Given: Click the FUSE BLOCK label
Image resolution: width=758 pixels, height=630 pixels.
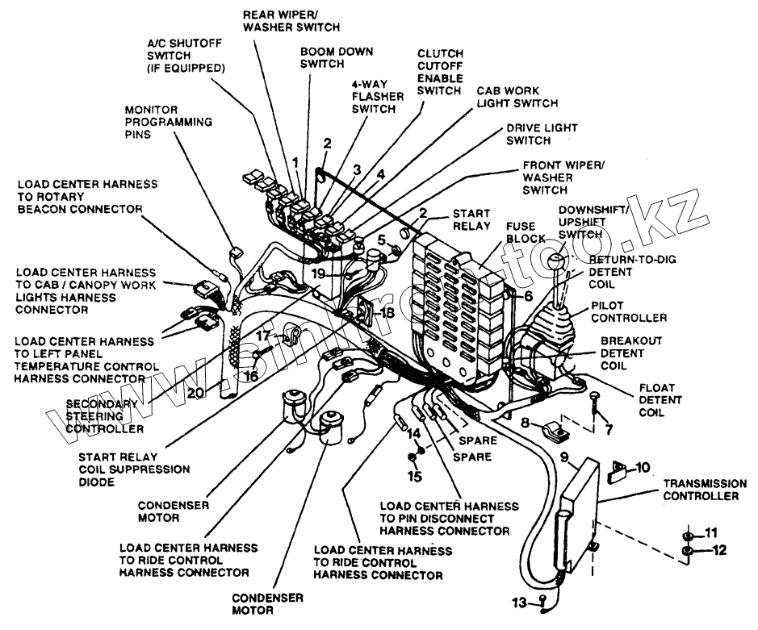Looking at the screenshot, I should point(526,234).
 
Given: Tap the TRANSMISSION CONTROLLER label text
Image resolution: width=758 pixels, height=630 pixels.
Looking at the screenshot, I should point(700,490).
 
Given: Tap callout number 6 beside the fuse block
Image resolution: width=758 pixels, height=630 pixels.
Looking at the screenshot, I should point(528,296).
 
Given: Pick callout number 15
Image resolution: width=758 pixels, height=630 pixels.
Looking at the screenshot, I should point(415,476).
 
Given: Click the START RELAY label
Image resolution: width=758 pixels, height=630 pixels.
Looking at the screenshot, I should point(471,219).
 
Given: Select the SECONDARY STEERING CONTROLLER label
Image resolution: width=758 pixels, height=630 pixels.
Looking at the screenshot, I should point(106,415).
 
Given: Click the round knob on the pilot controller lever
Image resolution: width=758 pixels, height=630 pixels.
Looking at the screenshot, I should point(556,261).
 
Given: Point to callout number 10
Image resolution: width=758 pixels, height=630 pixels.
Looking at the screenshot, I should point(642,467).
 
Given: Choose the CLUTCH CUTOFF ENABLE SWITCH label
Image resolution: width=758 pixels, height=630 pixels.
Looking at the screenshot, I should point(439,72).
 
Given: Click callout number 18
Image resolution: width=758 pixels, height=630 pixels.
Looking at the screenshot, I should point(387,312).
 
